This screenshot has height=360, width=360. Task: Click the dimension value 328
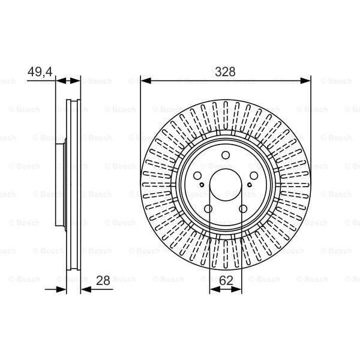pos(225,71)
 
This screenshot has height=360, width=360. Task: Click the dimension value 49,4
pos(40,71)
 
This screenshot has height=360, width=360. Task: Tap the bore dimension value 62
pos(225,280)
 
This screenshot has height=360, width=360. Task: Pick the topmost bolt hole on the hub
pos(225,156)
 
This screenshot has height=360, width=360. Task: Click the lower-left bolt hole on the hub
pos(208,209)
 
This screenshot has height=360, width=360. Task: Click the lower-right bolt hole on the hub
pos(242,209)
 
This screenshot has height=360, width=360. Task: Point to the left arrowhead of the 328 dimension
pos(145,80)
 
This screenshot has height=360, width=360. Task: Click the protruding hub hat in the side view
pos(60,185)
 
